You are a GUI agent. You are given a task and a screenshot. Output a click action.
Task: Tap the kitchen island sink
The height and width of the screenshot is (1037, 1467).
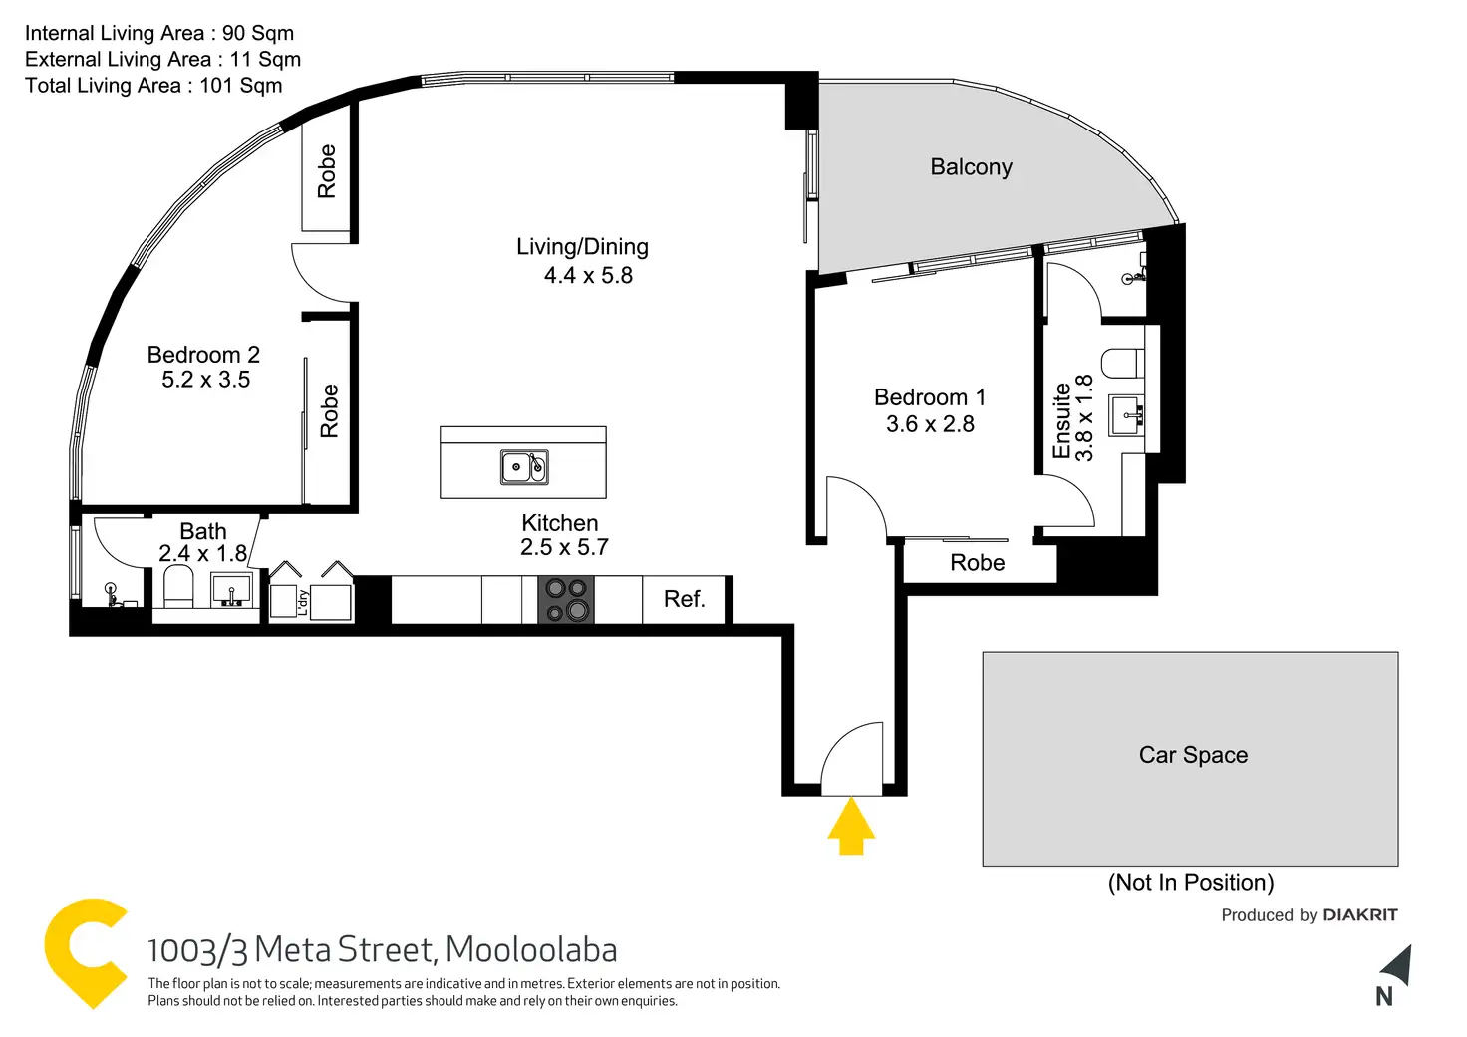pyautogui.click(x=524, y=467)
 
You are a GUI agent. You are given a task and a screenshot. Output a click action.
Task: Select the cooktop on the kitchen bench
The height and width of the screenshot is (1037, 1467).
pyautogui.click(x=566, y=599)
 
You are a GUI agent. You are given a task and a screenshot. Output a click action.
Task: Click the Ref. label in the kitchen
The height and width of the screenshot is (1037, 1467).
pyautogui.click(x=685, y=599)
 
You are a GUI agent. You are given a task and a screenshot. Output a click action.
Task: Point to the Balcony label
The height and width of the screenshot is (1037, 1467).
pyautogui.click(x=972, y=167)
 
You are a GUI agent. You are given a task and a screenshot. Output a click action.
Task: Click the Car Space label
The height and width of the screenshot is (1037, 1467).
pyautogui.click(x=1193, y=755)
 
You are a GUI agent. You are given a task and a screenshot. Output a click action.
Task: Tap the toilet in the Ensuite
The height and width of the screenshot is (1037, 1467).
pyautogui.click(x=1122, y=364)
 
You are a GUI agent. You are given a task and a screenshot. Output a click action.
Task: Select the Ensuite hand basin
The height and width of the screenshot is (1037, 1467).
pyautogui.click(x=1126, y=415)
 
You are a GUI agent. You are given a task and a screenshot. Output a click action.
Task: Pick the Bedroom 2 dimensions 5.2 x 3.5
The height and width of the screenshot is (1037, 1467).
pyautogui.click(x=205, y=380)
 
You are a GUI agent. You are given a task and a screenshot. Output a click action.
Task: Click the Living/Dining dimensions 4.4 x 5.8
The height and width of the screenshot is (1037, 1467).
pyautogui.click(x=588, y=276)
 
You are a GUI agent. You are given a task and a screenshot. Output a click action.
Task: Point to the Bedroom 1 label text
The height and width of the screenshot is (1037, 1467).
pyautogui.click(x=929, y=397)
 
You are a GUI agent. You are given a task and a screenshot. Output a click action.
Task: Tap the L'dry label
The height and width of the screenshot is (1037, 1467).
pyautogui.click(x=303, y=603)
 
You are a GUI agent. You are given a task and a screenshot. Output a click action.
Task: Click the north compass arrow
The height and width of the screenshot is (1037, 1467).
pyautogui.click(x=1398, y=965)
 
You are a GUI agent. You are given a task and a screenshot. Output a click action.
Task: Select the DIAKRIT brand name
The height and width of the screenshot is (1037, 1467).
pyautogui.click(x=1360, y=915)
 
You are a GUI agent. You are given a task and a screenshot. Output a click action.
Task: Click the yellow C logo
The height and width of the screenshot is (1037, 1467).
pyautogui.click(x=85, y=953)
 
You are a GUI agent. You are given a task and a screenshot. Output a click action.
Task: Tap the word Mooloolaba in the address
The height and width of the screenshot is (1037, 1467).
pyautogui.click(x=531, y=950)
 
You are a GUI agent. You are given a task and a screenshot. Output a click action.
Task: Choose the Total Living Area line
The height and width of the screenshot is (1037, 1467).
pyautogui.click(x=153, y=86)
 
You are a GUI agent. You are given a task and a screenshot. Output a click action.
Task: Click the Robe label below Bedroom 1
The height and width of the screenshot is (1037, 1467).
pyautogui.click(x=977, y=563)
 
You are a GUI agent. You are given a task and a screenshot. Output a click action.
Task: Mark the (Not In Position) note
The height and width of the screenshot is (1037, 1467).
pyautogui.click(x=1191, y=883)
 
